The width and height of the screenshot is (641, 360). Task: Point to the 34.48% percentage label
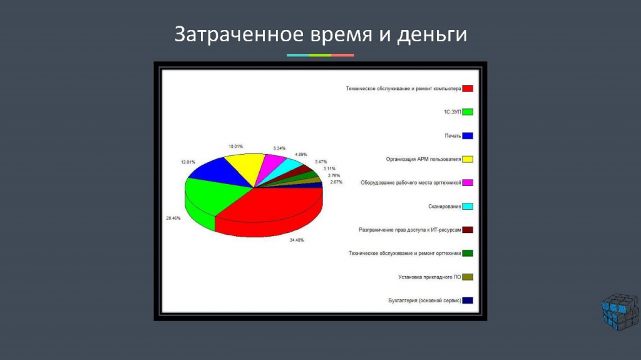point(297,240)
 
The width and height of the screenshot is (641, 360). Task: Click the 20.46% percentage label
point(173,219)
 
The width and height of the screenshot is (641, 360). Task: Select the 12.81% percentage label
point(188,162)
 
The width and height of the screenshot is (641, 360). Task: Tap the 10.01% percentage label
point(236,147)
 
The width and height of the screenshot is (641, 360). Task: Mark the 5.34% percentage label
point(280,148)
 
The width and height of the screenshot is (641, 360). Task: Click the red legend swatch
point(468,88)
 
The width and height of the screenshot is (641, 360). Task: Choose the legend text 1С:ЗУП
point(453,112)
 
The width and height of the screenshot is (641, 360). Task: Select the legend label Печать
point(453,136)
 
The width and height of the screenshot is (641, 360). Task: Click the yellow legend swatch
point(468,159)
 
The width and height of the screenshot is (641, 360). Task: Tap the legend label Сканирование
point(445,207)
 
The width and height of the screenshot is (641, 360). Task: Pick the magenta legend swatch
point(468,182)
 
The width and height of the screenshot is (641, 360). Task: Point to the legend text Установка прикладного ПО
point(429,277)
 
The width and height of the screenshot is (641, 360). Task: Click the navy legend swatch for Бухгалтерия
point(468,301)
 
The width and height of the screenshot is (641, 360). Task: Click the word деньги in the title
point(433,35)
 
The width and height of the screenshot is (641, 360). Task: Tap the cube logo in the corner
point(620,312)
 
